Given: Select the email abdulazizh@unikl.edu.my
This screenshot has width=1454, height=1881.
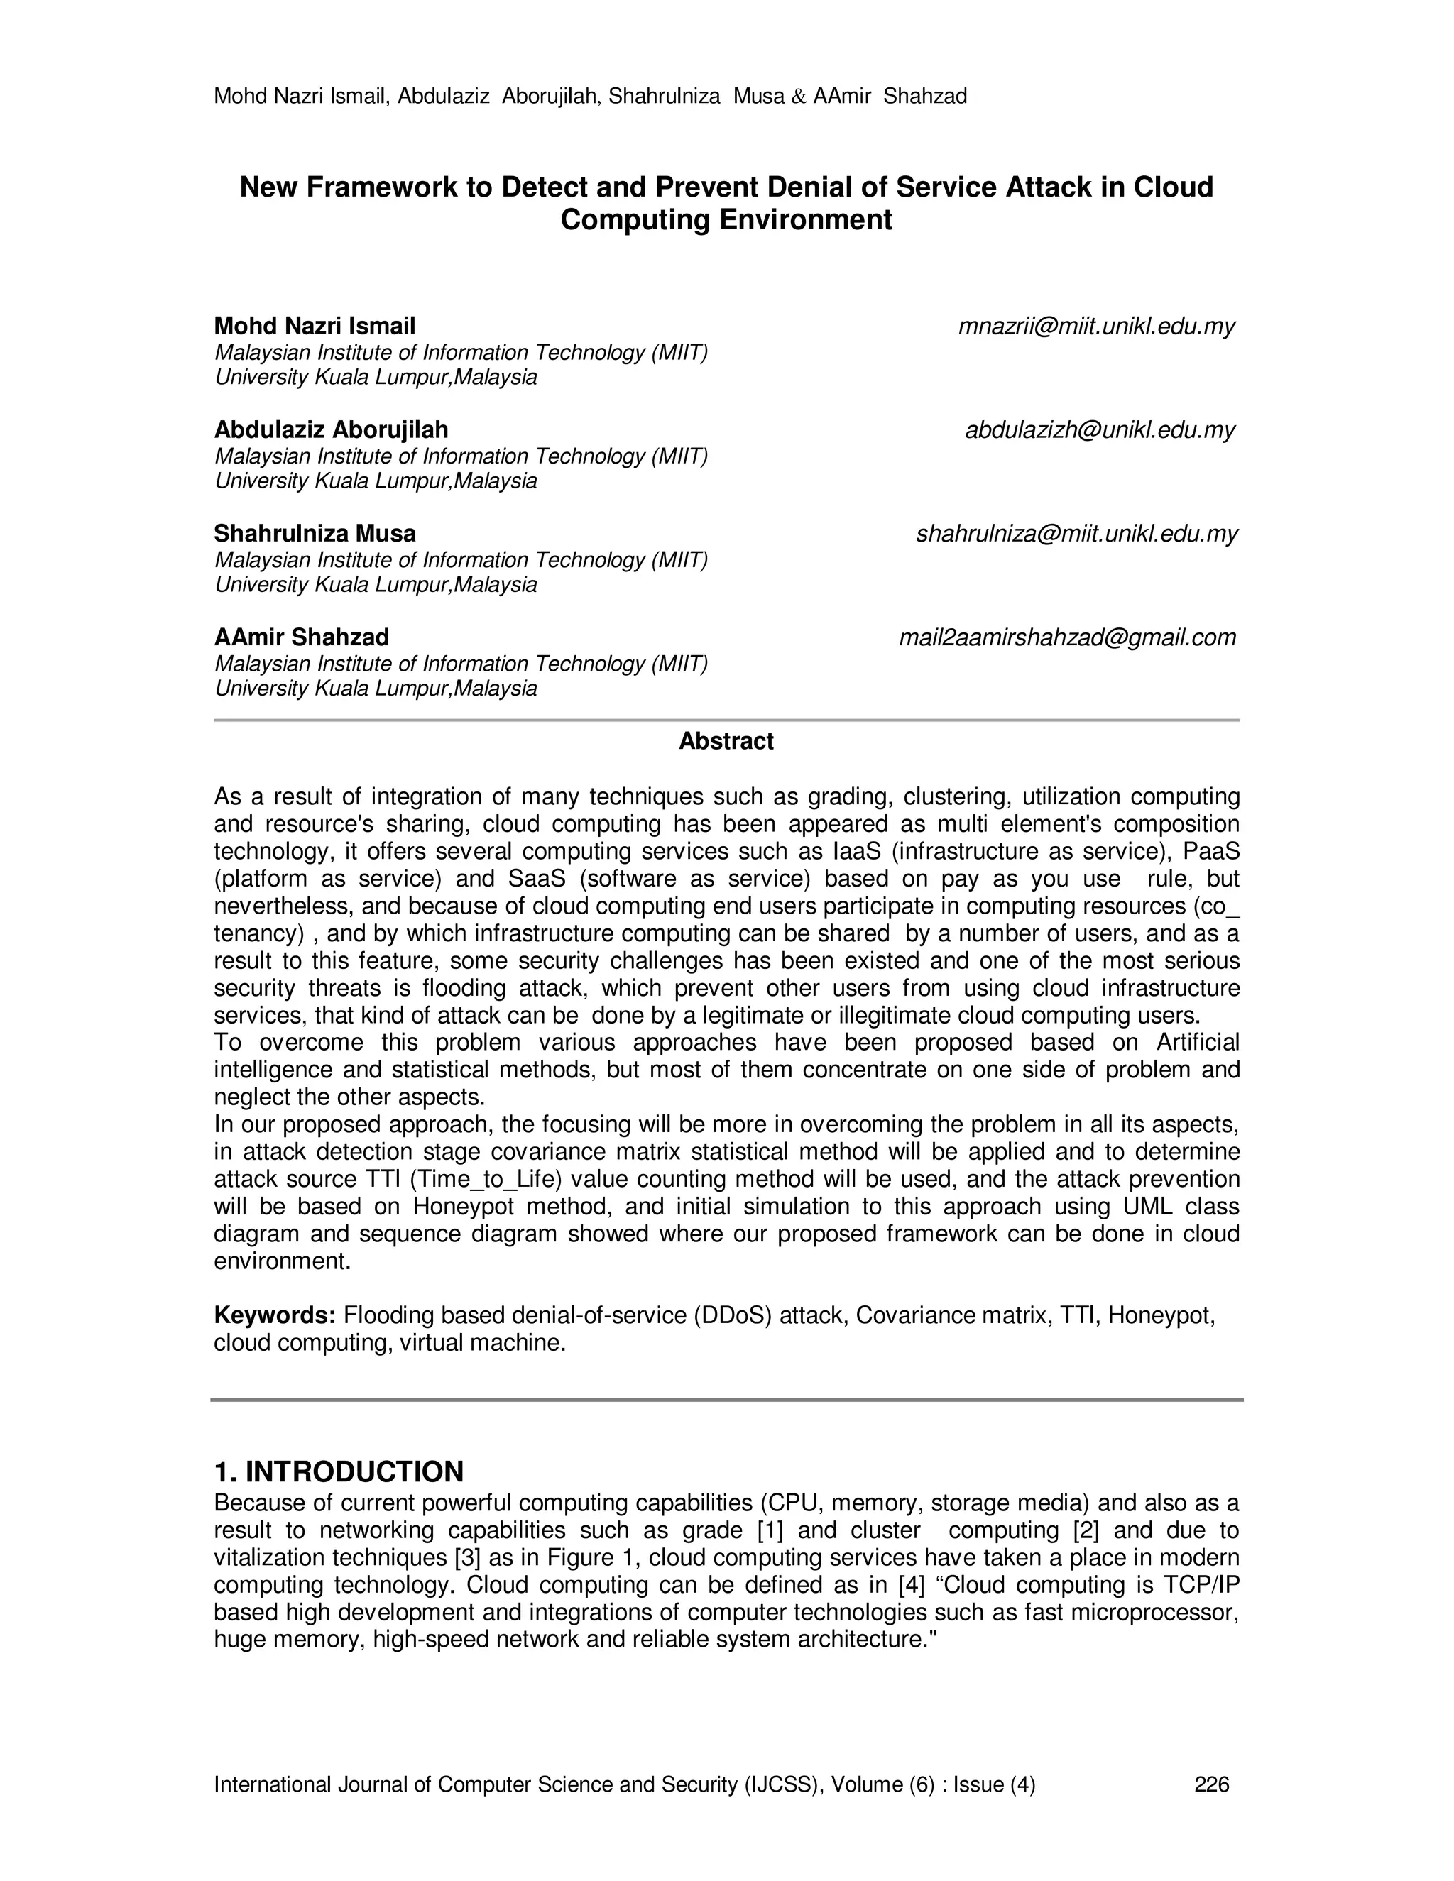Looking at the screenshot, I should [1100, 429].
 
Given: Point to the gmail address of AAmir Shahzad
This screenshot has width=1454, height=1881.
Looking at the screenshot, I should [1067, 637].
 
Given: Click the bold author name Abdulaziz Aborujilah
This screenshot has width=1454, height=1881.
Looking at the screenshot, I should [331, 429].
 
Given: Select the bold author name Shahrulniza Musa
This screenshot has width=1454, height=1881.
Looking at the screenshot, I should [315, 534].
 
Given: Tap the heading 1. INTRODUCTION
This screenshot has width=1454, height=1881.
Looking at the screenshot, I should [339, 1471].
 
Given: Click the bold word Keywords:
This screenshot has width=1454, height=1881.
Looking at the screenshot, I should [274, 1315].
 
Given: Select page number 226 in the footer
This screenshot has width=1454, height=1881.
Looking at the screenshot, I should [1212, 1784].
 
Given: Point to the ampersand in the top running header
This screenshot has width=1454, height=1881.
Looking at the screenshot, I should [799, 97].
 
